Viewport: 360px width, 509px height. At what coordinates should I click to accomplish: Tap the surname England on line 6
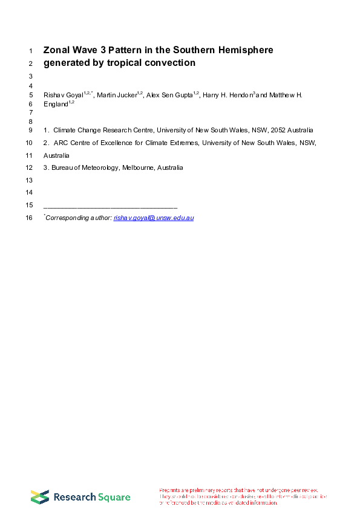(x=56, y=104)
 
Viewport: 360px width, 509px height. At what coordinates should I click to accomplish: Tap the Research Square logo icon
(x=40, y=497)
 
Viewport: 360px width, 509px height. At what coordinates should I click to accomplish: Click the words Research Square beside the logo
(x=92, y=498)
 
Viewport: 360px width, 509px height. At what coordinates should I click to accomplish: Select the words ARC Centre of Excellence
(x=90, y=143)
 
